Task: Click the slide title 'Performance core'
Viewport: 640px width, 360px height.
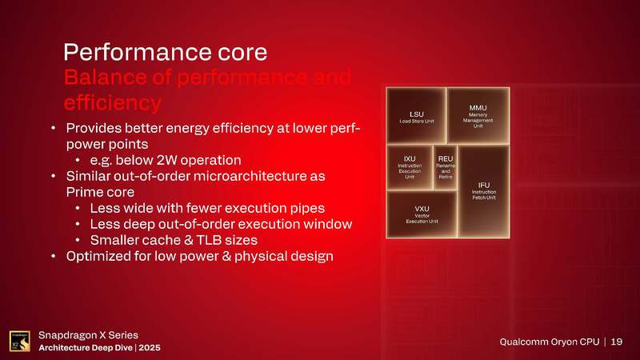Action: point(165,53)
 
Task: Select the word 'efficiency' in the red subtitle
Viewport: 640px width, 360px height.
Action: point(112,104)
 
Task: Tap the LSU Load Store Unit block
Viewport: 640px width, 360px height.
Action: point(416,116)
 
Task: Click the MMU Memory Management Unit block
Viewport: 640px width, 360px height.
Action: point(478,115)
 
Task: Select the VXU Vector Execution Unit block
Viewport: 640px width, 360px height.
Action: point(421,214)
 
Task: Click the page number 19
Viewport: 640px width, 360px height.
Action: point(616,342)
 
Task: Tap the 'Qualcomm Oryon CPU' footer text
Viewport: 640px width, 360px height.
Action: point(550,342)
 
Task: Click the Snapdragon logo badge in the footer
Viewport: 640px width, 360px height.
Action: point(20,341)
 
